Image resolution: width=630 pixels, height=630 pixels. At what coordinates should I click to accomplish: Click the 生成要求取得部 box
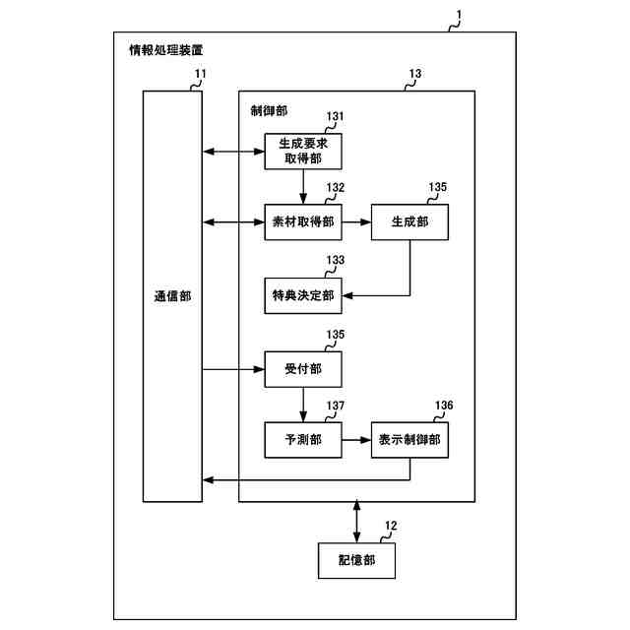[302, 151]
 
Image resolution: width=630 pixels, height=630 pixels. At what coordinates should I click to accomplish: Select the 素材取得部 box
[302, 222]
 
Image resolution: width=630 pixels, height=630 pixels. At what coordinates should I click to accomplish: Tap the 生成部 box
[409, 222]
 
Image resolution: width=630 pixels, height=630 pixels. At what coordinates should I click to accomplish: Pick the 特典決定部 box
[302, 294]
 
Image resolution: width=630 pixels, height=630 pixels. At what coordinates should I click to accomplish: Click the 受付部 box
[302, 370]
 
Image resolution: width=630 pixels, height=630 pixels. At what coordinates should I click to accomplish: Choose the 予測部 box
[302, 439]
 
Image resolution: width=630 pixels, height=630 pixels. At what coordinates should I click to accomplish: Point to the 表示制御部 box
[409, 439]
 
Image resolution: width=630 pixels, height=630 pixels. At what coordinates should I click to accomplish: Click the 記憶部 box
[355, 560]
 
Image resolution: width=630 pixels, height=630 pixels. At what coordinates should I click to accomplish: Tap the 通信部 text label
[172, 295]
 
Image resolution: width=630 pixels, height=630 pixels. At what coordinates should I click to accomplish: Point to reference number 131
[336, 116]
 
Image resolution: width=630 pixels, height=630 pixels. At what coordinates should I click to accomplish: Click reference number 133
[336, 261]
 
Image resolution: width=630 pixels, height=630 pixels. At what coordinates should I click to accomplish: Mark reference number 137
[336, 406]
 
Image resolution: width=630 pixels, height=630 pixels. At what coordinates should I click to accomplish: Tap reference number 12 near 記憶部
[390, 526]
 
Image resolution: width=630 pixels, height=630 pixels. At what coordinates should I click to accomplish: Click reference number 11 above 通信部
[200, 75]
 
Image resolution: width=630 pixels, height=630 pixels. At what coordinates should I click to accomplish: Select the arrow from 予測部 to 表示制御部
[355, 439]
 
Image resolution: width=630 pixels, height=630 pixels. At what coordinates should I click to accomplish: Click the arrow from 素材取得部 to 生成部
[355, 222]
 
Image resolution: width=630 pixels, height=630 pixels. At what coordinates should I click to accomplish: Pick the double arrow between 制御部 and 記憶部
[355, 521]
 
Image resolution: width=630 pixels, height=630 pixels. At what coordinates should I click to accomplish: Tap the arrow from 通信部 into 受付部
[232, 370]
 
